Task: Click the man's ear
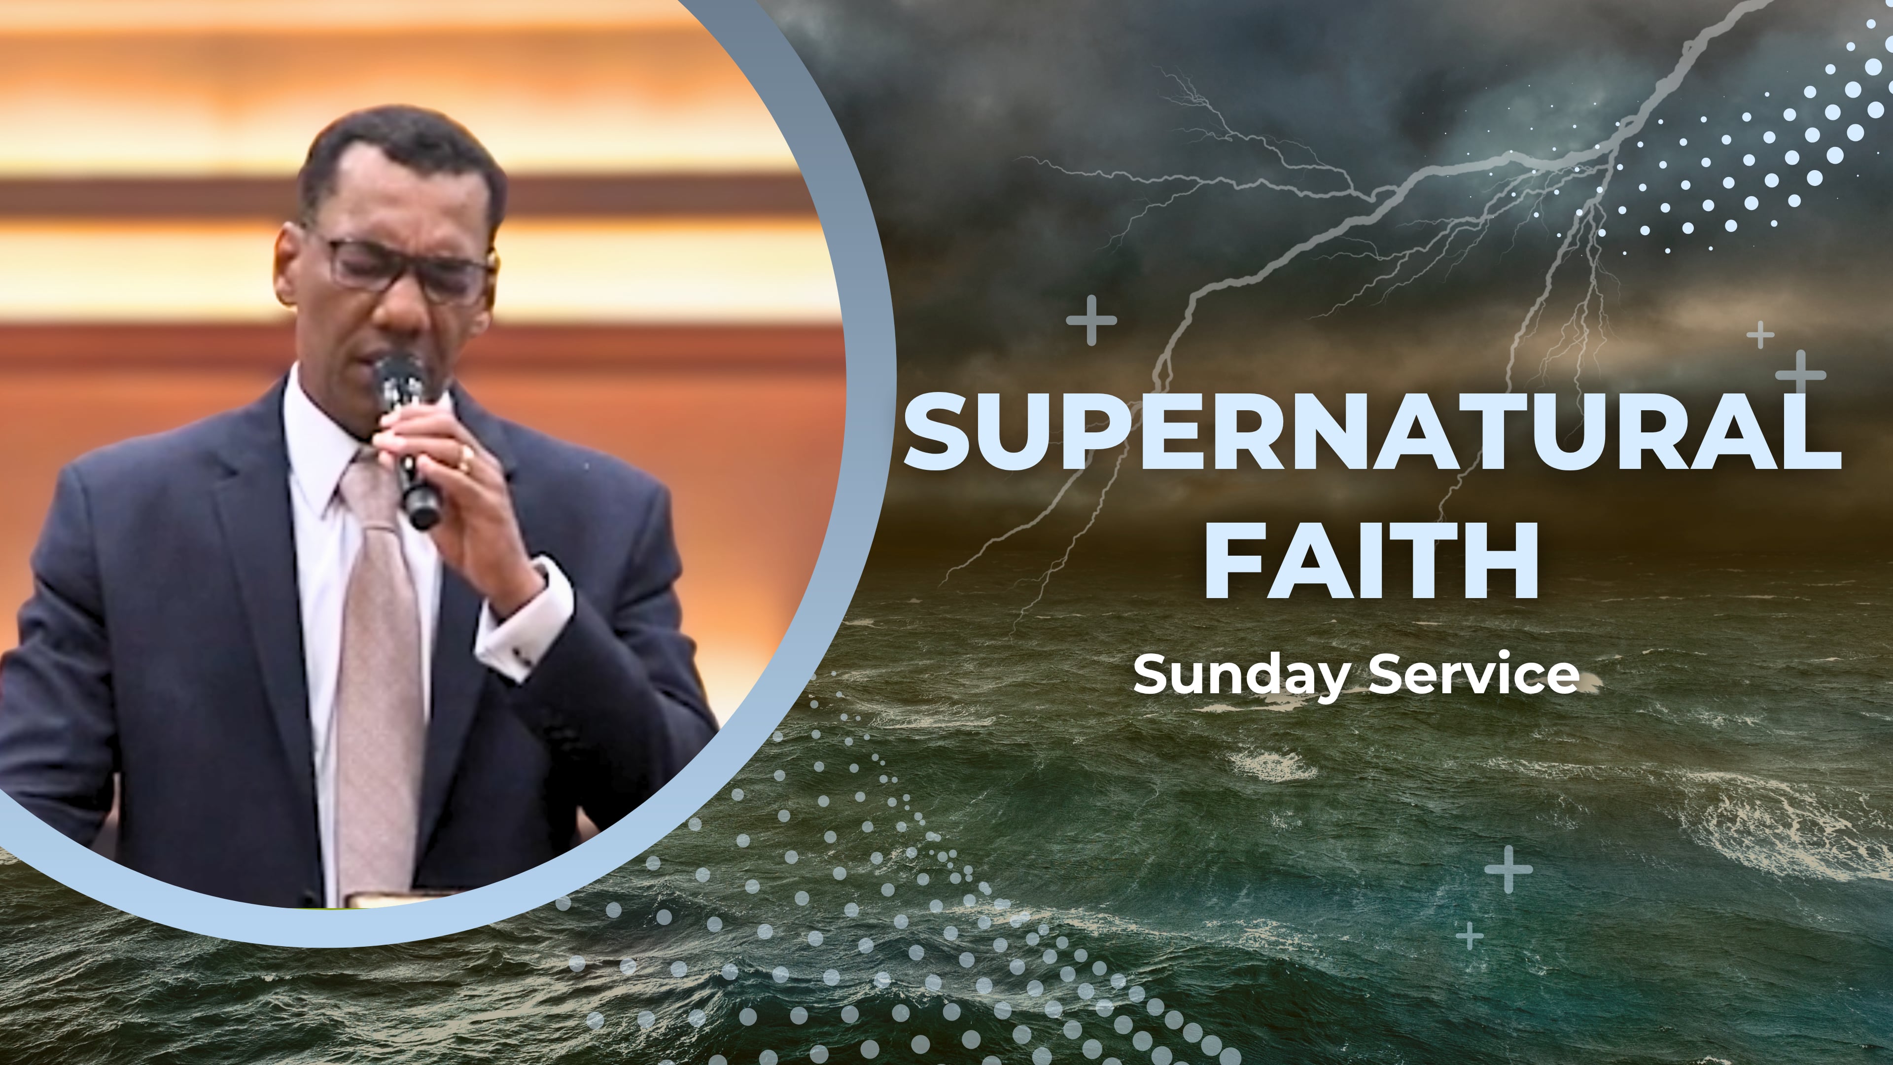[288, 265]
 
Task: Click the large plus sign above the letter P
[1091, 320]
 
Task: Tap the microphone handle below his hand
[422, 507]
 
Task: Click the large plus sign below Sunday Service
[1508, 869]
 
